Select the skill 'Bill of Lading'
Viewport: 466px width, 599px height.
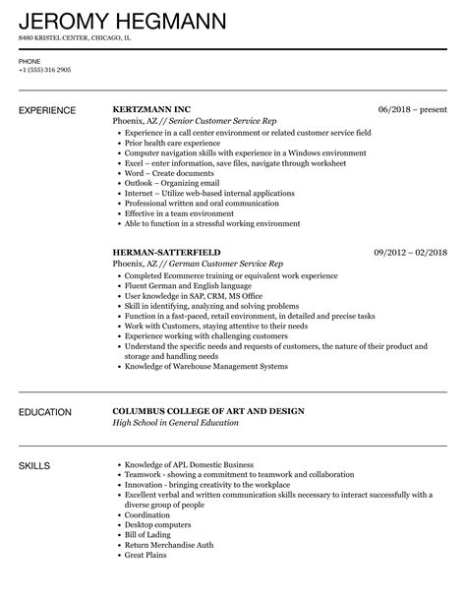point(148,551)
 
